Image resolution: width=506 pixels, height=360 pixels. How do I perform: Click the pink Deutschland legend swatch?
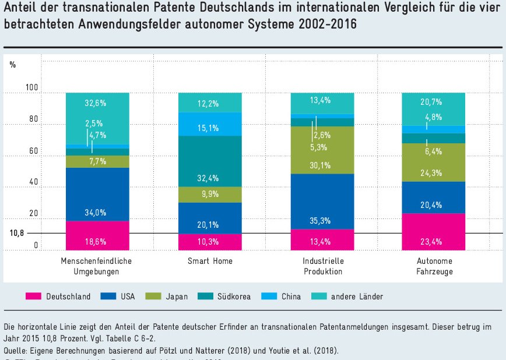pyautogui.click(x=34, y=297)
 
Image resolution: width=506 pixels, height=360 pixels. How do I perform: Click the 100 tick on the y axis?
pyautogui.click(x=31, y=87)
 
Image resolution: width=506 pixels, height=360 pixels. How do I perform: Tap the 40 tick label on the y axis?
pyautogui.click(x=34, y=182)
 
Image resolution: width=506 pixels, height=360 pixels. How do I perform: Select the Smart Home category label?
pyautogui.click(x=210, y=261)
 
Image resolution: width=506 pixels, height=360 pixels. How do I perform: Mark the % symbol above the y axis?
pyautogui.click(x=13, y=64)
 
